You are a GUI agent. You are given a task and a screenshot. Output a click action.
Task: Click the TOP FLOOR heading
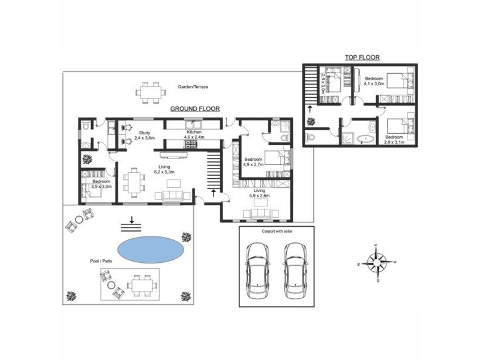point(362,57)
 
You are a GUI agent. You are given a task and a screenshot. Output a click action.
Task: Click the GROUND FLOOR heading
point(195,109)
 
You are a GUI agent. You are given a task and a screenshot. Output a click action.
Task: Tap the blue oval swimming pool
point(151,250)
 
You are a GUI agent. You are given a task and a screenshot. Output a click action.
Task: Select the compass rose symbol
point(376,263)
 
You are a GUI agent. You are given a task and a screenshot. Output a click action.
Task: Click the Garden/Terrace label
point(193,87)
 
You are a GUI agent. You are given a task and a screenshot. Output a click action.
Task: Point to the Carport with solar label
point(277,231)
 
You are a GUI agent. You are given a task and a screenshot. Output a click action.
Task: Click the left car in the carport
point(257,271)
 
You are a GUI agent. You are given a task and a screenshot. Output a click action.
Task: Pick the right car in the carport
point(295,271)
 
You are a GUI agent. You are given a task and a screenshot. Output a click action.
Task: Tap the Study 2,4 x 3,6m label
point(145,136)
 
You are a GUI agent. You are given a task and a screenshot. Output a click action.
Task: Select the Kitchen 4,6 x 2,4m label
point(194,134)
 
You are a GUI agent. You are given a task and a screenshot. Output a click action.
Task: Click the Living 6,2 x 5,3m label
point(164,169)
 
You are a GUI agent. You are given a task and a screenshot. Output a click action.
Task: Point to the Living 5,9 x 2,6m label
point(259,193)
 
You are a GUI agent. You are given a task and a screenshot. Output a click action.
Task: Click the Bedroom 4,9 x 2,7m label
point(253,162)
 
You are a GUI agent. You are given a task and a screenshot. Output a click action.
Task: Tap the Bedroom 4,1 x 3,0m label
point(374,81)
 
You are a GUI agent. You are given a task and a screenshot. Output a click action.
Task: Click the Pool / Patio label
point(101,261)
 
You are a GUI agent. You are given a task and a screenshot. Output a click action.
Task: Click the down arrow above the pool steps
point(131,219)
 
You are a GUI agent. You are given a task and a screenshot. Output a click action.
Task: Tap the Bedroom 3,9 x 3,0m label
point(101,184)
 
